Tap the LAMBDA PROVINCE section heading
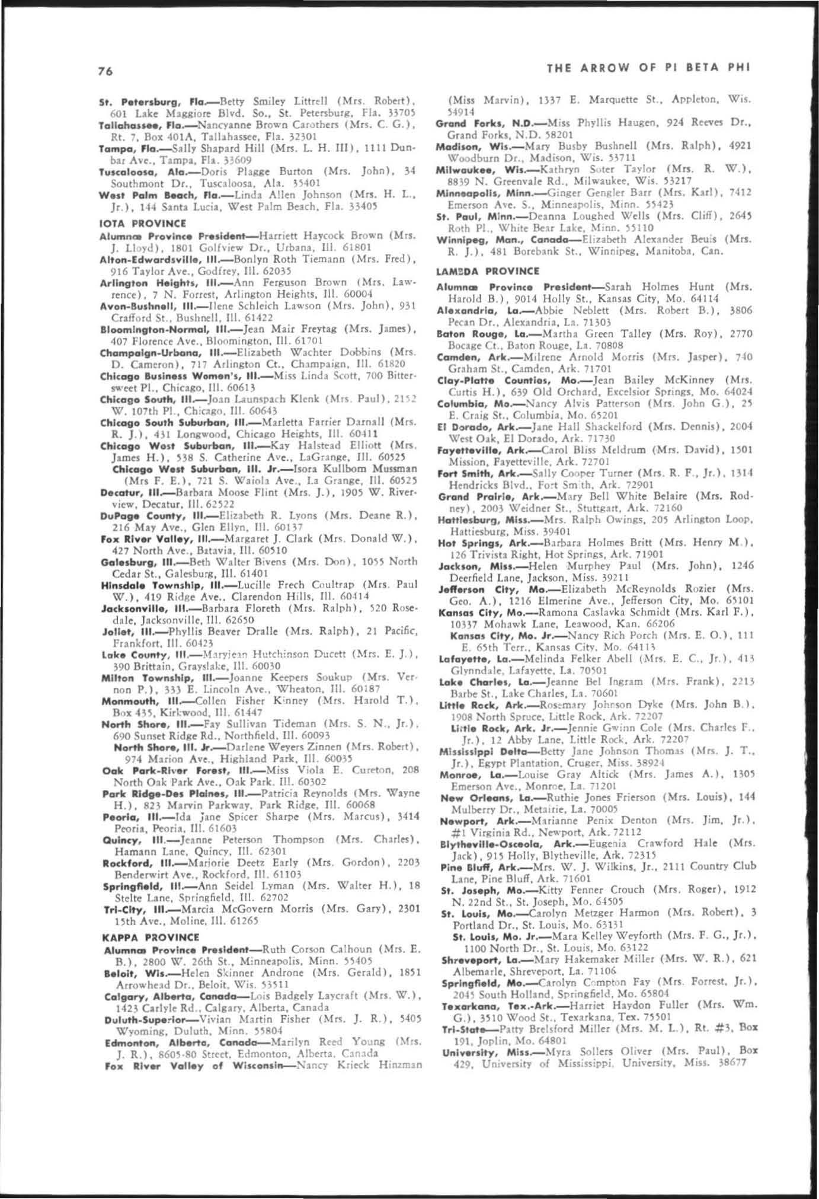coord(488,271)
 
